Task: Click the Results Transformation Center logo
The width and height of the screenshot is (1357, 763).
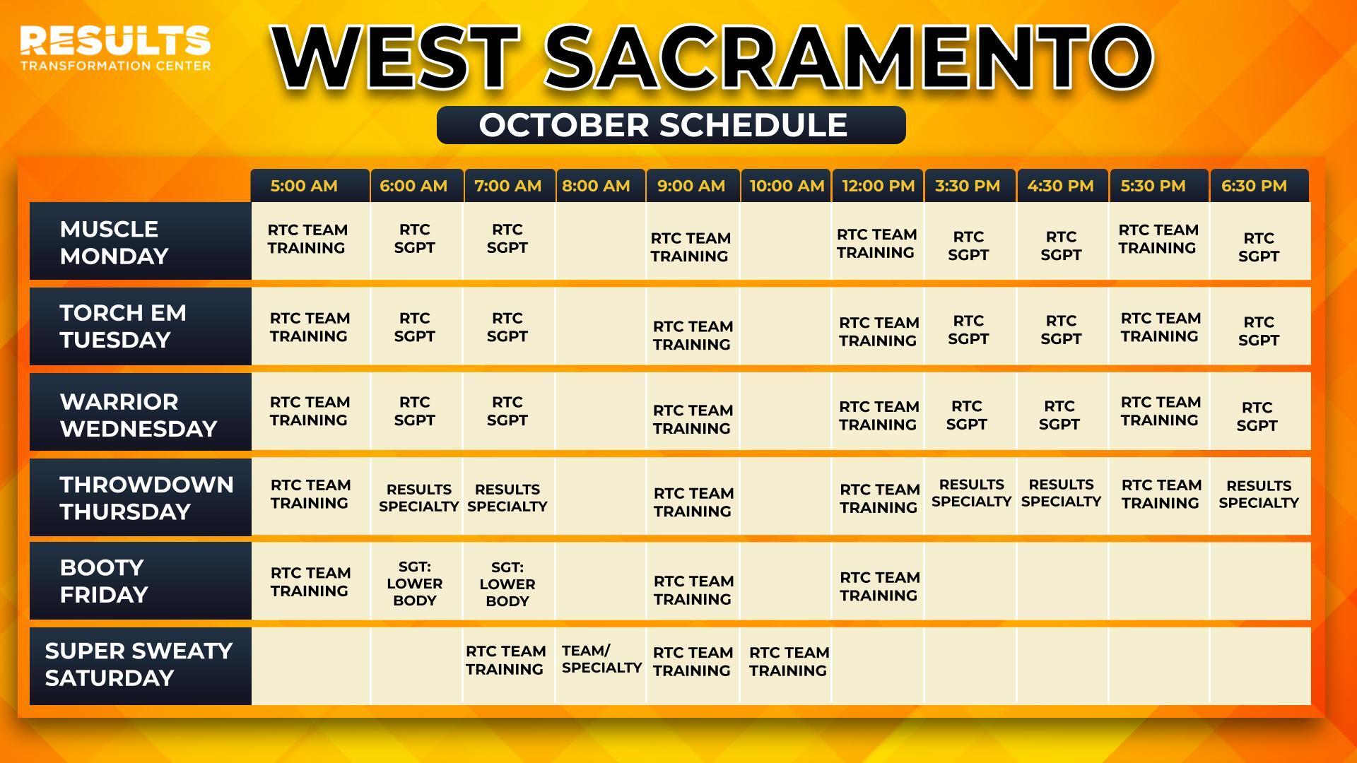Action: (x=115, y=48)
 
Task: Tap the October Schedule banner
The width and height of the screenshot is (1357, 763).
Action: (x=671, y=125)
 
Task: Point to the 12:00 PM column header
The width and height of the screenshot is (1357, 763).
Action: (x=878, y=186)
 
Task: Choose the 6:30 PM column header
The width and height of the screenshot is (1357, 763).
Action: (x=1259, y=186)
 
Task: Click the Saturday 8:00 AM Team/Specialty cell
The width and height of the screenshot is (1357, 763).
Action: (x=601, y=666)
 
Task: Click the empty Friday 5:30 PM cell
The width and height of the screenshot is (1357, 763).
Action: (x=1159, y=581)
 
